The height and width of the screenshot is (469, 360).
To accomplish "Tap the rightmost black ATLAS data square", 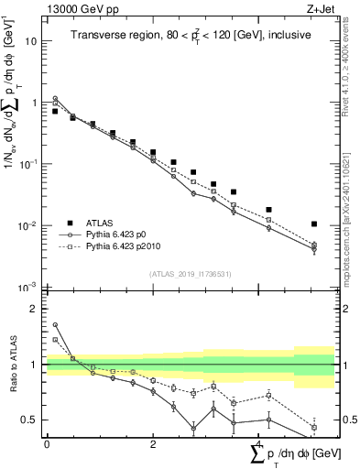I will point(314,224).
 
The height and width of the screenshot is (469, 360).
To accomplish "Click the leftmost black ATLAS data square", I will point(55,111).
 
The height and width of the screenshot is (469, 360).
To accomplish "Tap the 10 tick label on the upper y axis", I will point(31,41).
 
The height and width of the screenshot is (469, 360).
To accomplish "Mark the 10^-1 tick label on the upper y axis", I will point(28,164).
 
